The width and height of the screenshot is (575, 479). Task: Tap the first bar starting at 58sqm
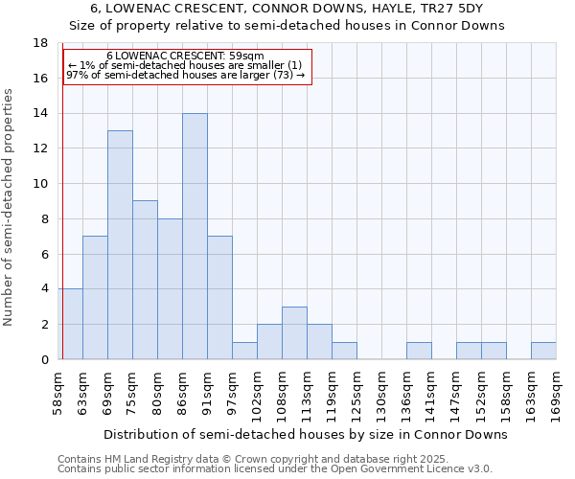(x=70, y=324)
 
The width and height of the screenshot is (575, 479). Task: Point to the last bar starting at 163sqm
(x=543, y=351)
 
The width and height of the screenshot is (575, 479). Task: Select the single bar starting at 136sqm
(x=419, y=351)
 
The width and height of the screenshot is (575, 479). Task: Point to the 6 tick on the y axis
(x=45, y=254)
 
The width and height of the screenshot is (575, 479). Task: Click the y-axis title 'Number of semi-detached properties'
(x=10, y=207)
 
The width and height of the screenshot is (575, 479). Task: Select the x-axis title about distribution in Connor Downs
(x=305, y=434)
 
